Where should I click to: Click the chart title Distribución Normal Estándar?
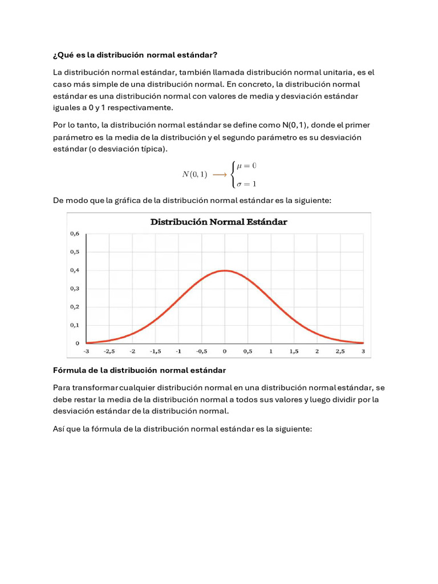(x=218, y=222)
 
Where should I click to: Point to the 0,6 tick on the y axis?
(x=74, y=233)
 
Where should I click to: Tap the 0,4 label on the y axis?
(x=74, y=270)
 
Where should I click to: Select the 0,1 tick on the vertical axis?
(x=74, y=325)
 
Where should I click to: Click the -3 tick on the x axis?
(x=86, y=351)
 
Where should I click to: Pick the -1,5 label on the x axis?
(x=155, y=351)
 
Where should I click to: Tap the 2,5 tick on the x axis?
(x=340, y=351)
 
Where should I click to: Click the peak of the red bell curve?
(x=225, y=270)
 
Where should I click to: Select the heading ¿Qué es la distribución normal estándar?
(x=135, y=55)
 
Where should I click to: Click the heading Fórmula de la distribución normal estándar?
(x=140, y=370)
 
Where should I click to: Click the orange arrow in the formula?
(x=219, y=175)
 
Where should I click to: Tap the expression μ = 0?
(x=246, y=165)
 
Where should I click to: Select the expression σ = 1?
(x=246, y=184)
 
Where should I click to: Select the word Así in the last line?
(x=59, y=429)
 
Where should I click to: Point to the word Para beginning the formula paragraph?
(x=63, y=387)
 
